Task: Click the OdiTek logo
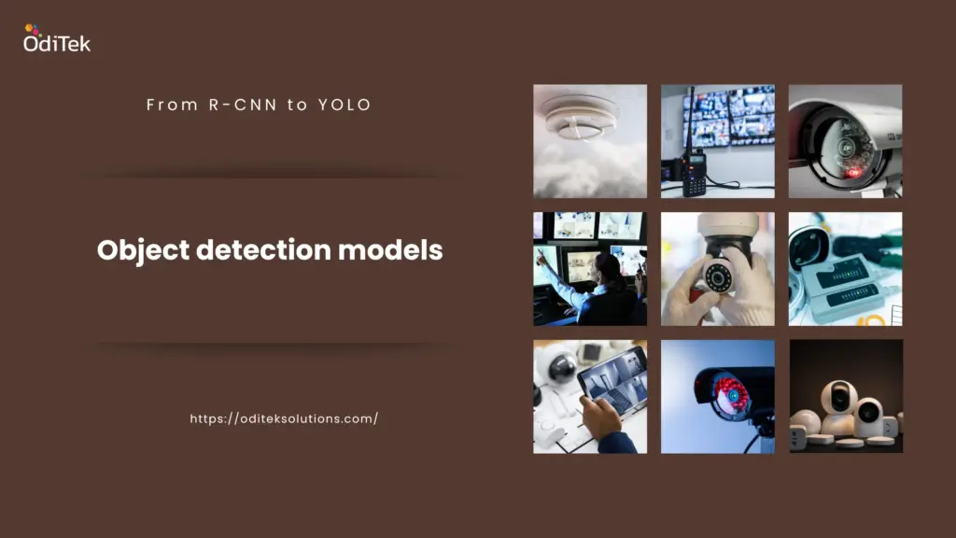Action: click(x=57, y=37)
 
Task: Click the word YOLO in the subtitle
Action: click(x=344, y=105)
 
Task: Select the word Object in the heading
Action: click(x=143, y=250)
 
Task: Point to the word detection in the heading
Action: click(x=263, y=249)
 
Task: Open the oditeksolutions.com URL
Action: click(x=284, y=418)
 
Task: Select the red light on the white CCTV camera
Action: click(x=853, y=173)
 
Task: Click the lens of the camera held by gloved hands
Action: click(x=718, y=277)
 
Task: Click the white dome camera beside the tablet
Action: click(x=560, y=366)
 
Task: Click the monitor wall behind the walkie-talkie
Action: click(x=728, y=117)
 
